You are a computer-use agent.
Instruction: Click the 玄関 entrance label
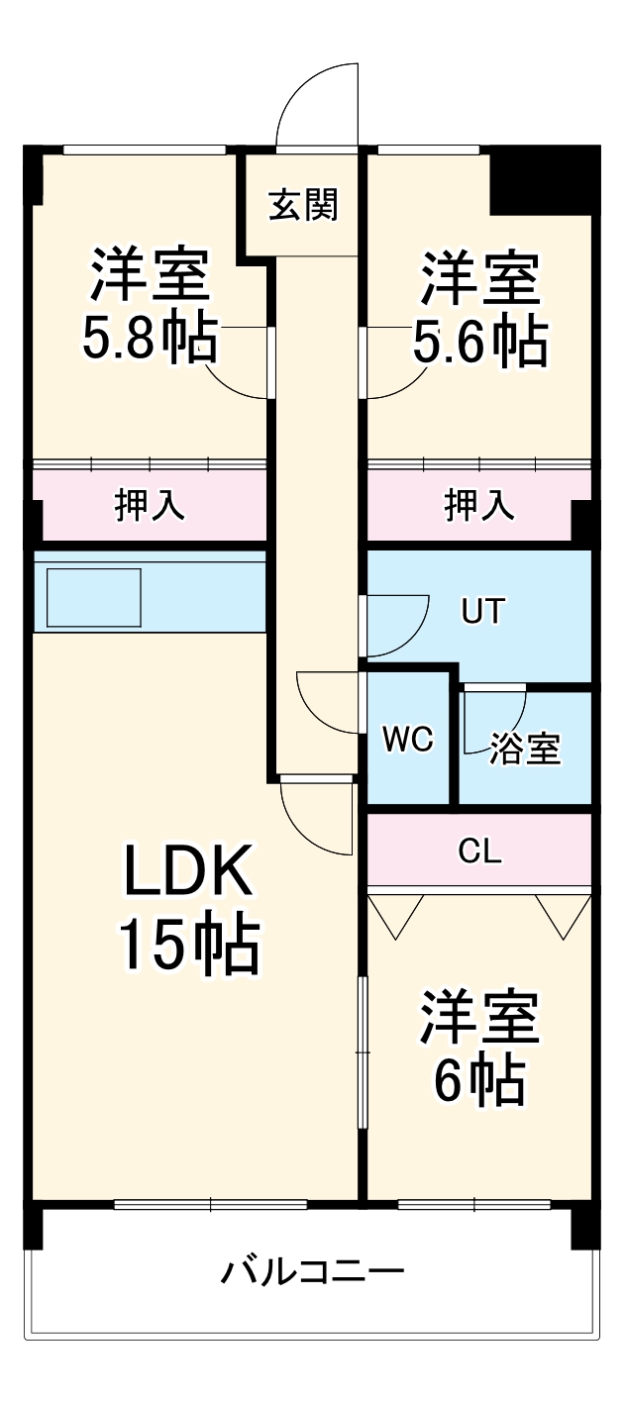tap(304, 205)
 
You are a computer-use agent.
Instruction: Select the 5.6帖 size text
tap(479, 343)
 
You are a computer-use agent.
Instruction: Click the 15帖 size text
tap(189, 947)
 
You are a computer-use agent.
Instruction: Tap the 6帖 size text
tap(479, 1081)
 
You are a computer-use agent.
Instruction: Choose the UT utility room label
tap(482, 612)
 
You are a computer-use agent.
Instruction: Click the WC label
tap(408, 740)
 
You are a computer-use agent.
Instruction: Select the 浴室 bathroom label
tap(525, 750)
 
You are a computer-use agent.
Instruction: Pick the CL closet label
tap(480, 851)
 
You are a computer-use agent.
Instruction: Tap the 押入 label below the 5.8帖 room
tap(150, 505)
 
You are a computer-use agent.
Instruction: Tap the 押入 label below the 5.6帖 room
tap(479, 505)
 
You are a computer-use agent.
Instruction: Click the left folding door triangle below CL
tap(396, 915)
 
